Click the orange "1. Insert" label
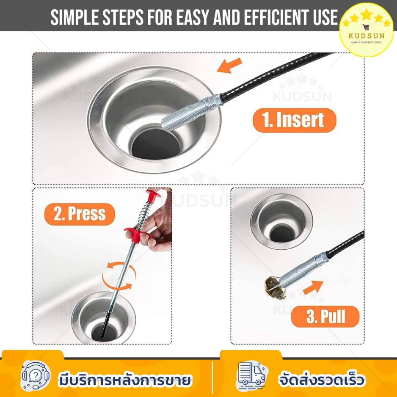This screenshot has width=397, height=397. pyautogui.click(x=295, y=120)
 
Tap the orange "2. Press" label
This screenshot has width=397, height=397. pyautogui.click(x=80, y=214)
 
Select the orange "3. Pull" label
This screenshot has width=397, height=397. pyautogui.click(x=325, y=317)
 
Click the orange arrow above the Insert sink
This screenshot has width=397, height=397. pyautogui.click(x=229, y=66)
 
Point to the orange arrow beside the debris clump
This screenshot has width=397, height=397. pyautogui.click(x=313, y=287)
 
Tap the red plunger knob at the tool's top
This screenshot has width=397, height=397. pyautogui.click(x=153, y=196)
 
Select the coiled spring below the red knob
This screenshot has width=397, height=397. pyautogui.click(x=144, y=215)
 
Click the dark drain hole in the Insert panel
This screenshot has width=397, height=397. pyautogui.click(x=156, y=144)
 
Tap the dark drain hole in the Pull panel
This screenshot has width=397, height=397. pyautogui.click(x=282, y=234)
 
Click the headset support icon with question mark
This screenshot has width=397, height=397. pyautogui.click(x=36, y=376)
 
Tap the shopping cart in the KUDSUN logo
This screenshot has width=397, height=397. pyautogui.click(x=366, y=27)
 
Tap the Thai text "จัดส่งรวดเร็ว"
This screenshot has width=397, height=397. pyautogui.click(x=322, y=379)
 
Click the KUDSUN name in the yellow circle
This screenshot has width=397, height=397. pyautogui.click(x=367, y=36)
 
